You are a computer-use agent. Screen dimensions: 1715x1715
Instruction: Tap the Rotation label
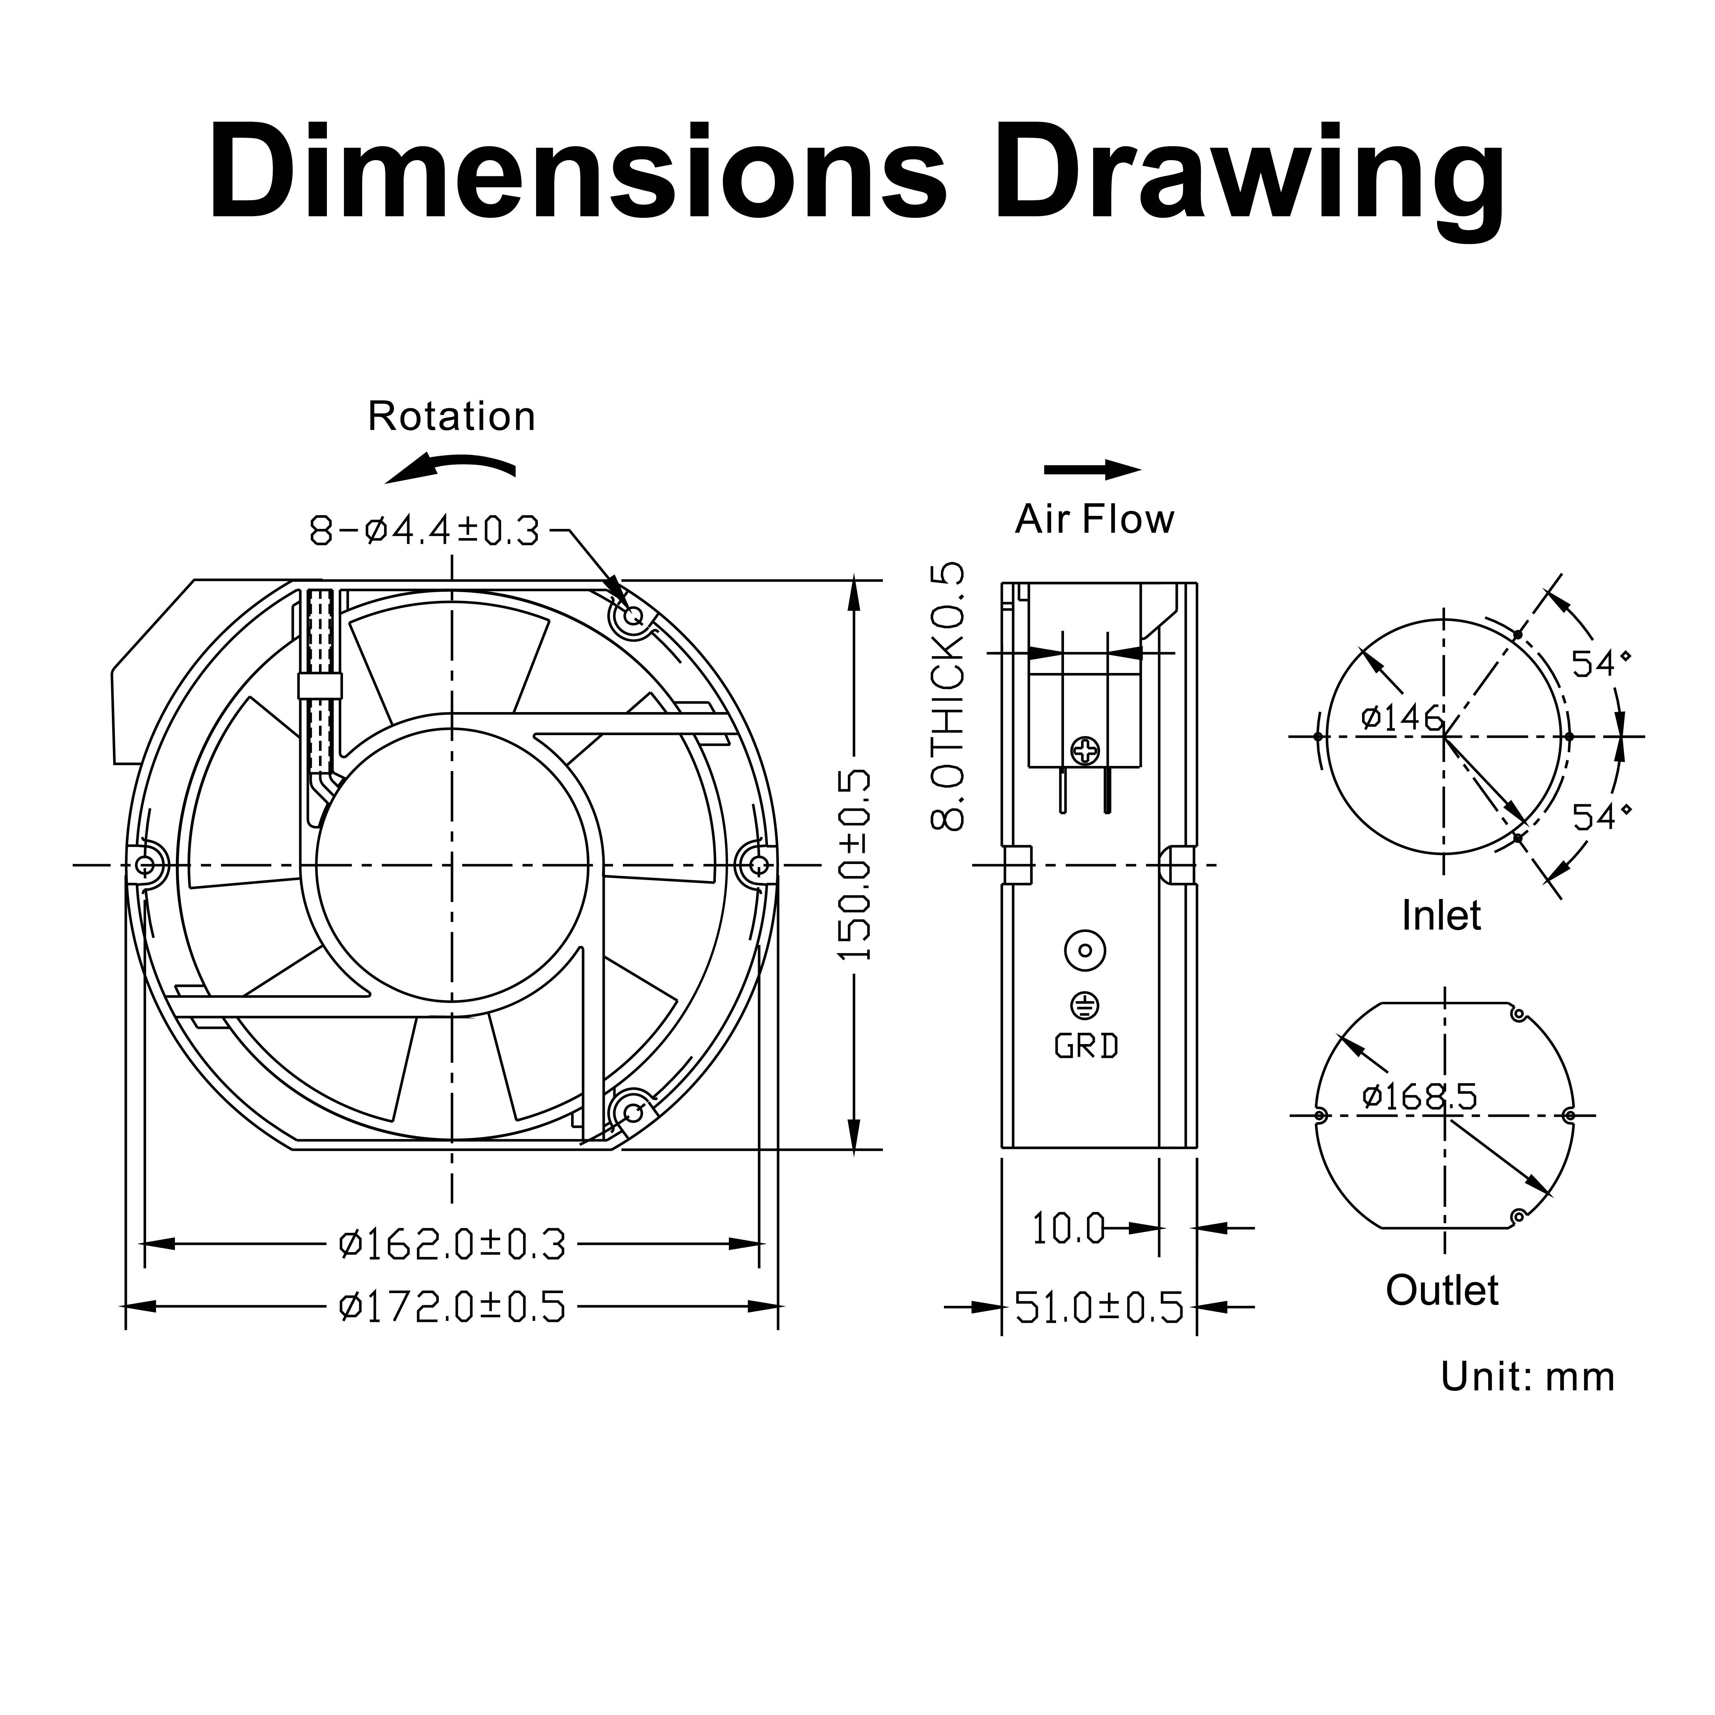tap(452, 416)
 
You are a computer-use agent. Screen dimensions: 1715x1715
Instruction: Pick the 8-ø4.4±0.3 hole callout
tap(424, 531)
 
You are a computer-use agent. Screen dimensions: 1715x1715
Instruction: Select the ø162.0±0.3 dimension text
tap(452, 1244)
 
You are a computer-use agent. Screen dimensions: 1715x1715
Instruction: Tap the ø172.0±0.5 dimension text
tap(452, 1307)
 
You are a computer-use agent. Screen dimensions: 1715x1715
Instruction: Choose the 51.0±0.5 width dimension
tap(1099, 1308)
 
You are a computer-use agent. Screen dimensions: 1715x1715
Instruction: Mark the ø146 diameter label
tap(1403, 717)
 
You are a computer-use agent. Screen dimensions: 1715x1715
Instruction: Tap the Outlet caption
tap(1442, 1291)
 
